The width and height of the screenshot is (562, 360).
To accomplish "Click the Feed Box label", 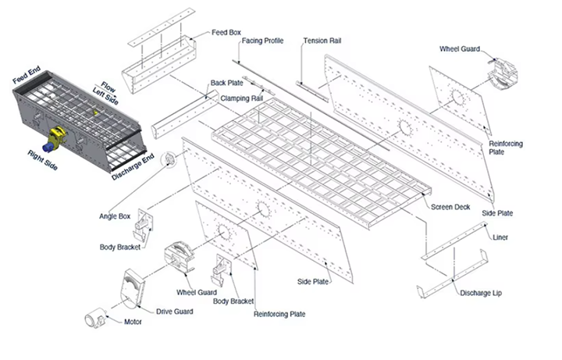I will [x=226, y=33].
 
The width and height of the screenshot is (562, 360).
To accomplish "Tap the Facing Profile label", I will [x=262, y=41].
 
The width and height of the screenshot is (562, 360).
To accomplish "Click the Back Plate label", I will [x=228, y=83].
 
